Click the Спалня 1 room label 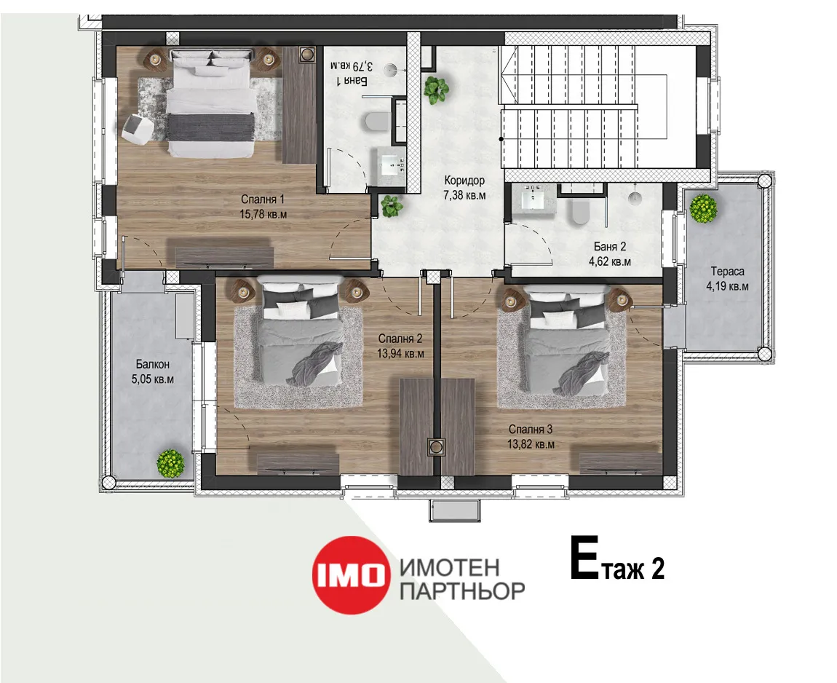pyautogui.click(x=263, y=200)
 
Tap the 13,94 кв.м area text pyautogui.click(x=400, y=354)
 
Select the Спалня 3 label pyautogui.click(x=531, y=430)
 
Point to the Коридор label pyautogui.click(x=464, y=181)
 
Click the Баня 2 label pyautogui.click(x=610, y=247)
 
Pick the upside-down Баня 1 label pyautogui.click(x=352, y=81)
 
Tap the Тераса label pyautogui.click(x=727, y=272)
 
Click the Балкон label pyautogui.click(x=153, y=364)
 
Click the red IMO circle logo pyautogui.click(x=350, y=575)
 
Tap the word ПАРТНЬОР pyautogui.click(x=462, y=591)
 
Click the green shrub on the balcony pyautogui.click(x=171, y=463)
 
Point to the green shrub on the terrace pyautogui.click(x=703, y=208)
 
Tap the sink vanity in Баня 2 pyautogui.click(x=531, y=200)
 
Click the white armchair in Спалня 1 pyautogui.click(x=137, y=128)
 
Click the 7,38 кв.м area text pyautogui.click(x=464, y=195)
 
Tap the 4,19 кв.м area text pyautogui.click(x=727, y=286)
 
